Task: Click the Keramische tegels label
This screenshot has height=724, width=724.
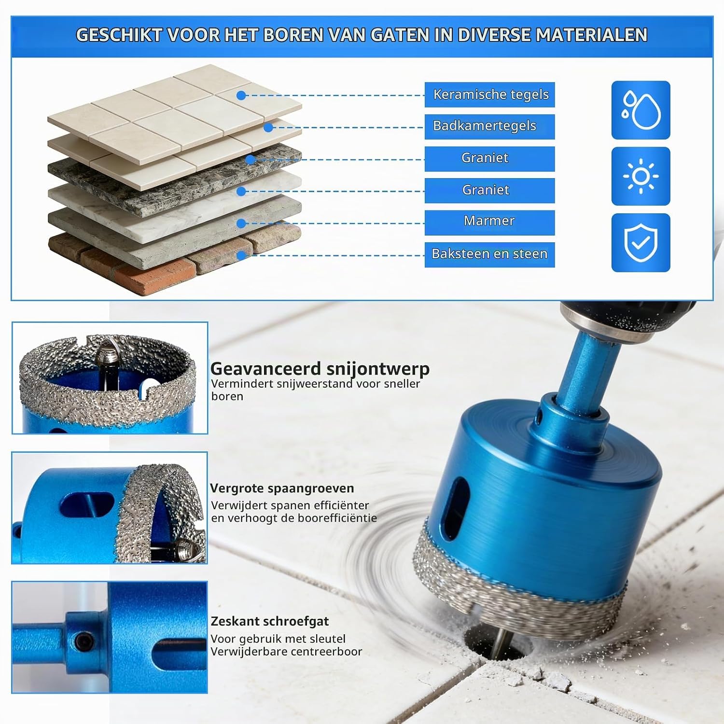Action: [x=489, y=95]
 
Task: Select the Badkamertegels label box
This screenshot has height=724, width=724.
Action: [x=489, y=126]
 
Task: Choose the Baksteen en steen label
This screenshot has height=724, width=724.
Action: [x=489, y=254]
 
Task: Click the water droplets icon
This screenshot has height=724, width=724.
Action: [x=640, y=110]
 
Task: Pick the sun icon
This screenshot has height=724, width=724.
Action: [x=640, y=176]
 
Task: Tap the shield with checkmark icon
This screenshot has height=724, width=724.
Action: [x=640, y=242]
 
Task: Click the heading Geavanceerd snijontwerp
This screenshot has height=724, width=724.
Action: [x=320, y=369]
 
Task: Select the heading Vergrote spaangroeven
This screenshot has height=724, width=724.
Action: [x=282, y=488]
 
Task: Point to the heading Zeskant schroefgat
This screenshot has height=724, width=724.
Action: [x=270, y=621]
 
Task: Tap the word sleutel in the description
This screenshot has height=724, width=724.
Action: [x=327, y=639]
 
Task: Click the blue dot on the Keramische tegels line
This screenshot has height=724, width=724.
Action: [x=241, y=96]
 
